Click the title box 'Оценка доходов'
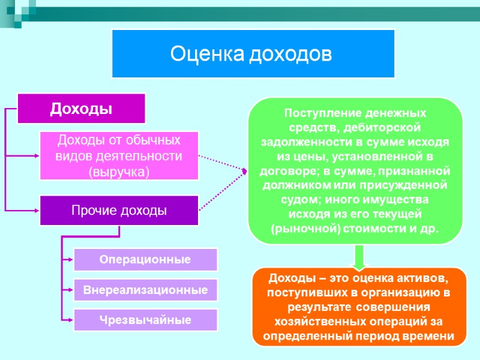click(253, 54)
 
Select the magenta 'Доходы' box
click(81, 108)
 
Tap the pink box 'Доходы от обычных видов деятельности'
click(119, 155)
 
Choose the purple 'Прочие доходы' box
click(119, 211)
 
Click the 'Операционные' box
click(145, 260)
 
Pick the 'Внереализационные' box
click(145, 290)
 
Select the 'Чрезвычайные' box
click(145, 320)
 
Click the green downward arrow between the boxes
click(358, 257)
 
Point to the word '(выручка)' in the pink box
click(119, 171)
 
